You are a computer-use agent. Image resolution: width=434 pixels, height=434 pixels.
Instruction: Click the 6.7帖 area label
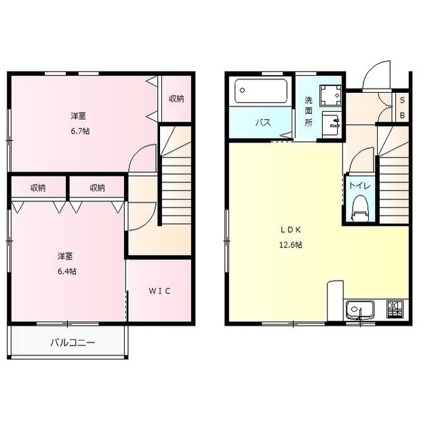[x=80, y=131]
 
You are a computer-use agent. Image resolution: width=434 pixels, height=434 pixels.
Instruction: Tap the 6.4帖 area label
[x=67, y=271]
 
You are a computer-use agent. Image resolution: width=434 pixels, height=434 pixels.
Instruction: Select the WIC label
[x=159, y=291]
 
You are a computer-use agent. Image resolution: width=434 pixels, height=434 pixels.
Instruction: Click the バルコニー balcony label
[x=73, y=343]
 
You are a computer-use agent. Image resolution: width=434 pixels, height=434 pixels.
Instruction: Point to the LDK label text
[x=291, y=230]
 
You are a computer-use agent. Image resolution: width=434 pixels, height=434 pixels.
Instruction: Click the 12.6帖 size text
[x=291, y=245]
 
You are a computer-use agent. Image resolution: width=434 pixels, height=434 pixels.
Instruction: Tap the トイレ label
[x=359, y=185]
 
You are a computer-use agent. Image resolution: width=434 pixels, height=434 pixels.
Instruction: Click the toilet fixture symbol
[x=360, y=209]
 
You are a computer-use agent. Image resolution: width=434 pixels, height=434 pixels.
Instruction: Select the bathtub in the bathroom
[x=260, y=91]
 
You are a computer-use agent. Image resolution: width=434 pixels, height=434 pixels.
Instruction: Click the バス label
[x=263, y=122]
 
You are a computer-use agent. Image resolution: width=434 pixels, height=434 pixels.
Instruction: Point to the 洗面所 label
[x=309, y=111]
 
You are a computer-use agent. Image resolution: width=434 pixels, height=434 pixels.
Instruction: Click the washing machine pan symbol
[x=330, y=96]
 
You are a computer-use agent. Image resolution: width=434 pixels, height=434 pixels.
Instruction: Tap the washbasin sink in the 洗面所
[x=331, y=124]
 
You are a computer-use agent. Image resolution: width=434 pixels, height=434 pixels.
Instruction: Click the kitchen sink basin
[x=359, y=309]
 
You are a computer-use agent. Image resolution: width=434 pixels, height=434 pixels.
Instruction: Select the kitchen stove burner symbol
[x=395, y=309]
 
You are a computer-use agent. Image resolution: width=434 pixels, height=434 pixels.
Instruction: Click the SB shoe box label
[x=402, y=108]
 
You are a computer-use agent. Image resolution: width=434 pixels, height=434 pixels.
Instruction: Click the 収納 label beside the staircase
[x=176, y=99]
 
